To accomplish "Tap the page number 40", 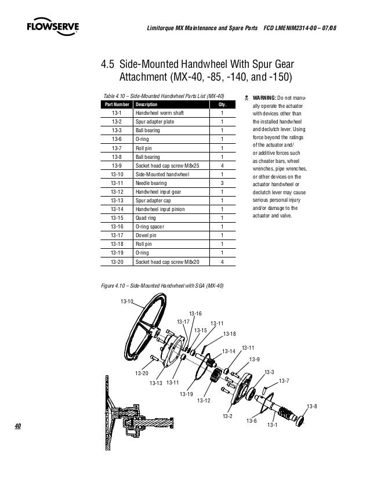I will [x=17, y=426].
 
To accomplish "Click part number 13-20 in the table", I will [x=117, y=262].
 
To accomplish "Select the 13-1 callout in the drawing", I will [x=272, y=426].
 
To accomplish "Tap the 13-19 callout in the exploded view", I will [x=186, y=394].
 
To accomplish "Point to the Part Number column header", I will [x=117, y=104].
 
